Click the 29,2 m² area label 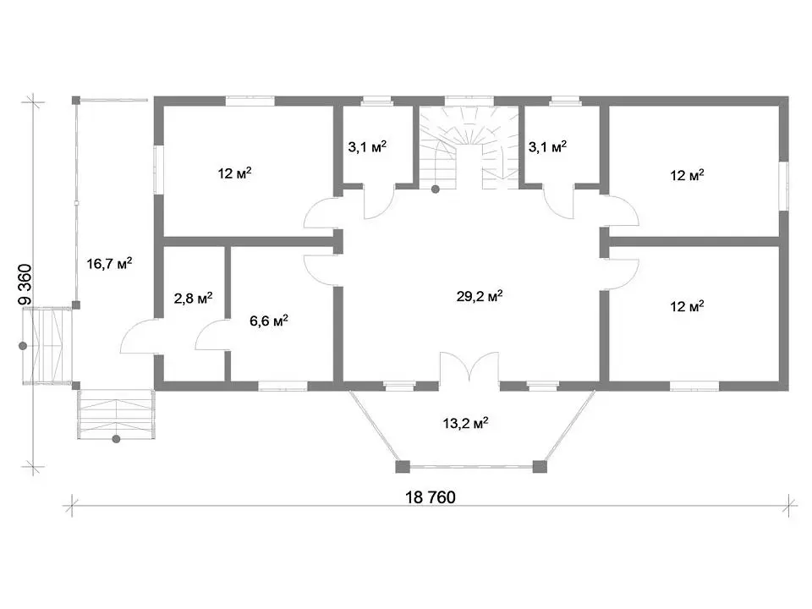point(479,296)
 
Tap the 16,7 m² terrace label point(109,263)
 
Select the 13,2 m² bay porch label point(465,423)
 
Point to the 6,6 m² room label point(269,321)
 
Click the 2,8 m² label point(193,298)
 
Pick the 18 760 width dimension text point(431,497)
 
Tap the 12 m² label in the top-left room point(234,173)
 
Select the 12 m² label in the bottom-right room point(687,306)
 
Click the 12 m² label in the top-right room point(687,175)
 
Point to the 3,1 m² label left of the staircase point(367,147)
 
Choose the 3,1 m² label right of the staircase point(547,146)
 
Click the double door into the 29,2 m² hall point(469,366)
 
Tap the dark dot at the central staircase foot point(436,189)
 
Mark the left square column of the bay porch point(403,467)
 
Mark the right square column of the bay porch point(540,467)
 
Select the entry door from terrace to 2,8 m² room point(139,337)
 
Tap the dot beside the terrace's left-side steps point(23,346)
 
